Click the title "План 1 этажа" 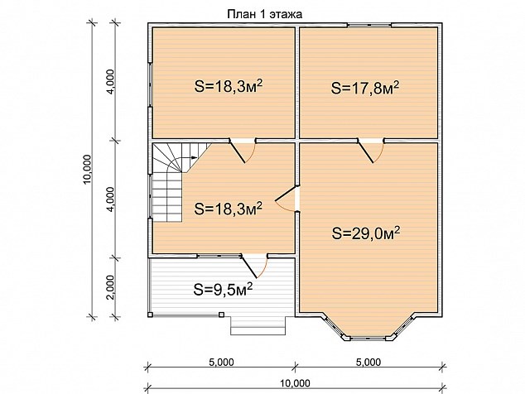264,14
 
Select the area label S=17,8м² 365,88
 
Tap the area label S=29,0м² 366,233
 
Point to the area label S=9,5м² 223,289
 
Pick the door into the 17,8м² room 370,151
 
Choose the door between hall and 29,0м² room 287,199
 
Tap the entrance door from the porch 254,267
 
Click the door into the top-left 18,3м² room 243,151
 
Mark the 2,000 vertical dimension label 112,287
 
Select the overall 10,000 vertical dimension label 87,169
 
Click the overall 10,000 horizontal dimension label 296,383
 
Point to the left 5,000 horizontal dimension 221,362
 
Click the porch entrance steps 258,325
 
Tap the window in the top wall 368,25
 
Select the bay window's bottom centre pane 368,338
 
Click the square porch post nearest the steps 221,315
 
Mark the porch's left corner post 151,315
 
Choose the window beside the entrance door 219,256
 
